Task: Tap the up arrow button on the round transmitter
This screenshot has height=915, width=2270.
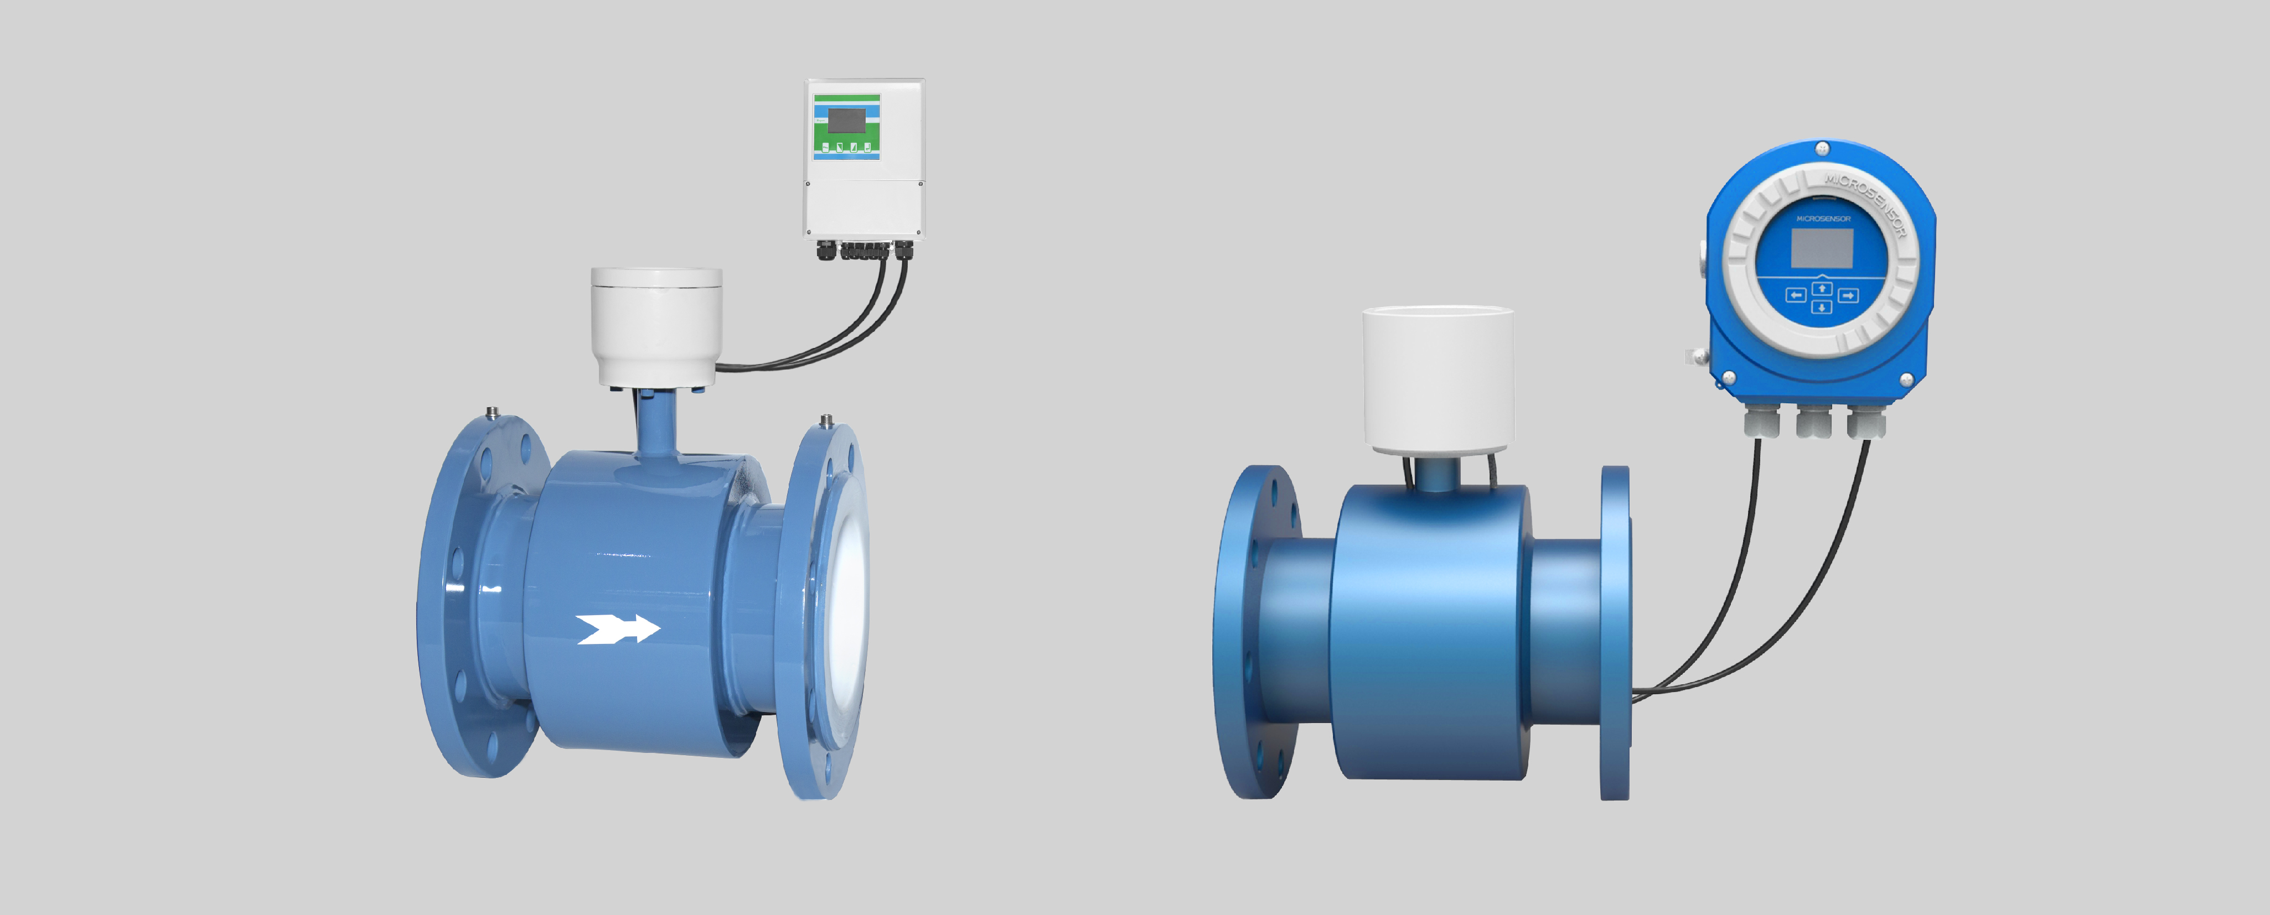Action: [1822, 288]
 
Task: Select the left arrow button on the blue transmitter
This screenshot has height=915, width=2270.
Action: [1795, 295]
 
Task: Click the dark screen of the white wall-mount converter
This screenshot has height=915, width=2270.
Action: [846, 121]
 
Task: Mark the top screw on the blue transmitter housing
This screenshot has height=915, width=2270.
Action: [1822, 148]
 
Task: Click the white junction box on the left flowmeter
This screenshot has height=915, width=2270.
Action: [656, 326]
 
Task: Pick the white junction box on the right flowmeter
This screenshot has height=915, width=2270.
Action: [1438, 379]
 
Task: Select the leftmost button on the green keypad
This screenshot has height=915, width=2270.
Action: [825, 147]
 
